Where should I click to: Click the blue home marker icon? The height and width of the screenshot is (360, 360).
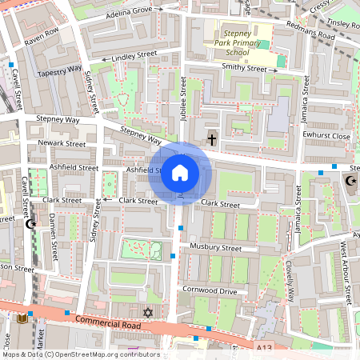pyautogui.click(x=180, y=173)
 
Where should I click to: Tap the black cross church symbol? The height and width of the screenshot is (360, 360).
pyautogui.click(x=212, y=139)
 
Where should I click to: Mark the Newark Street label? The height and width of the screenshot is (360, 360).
pyautogui.click(x=62, y=144)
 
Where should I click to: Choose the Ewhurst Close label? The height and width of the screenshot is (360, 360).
pyautogui.click(x=328, y=137)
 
